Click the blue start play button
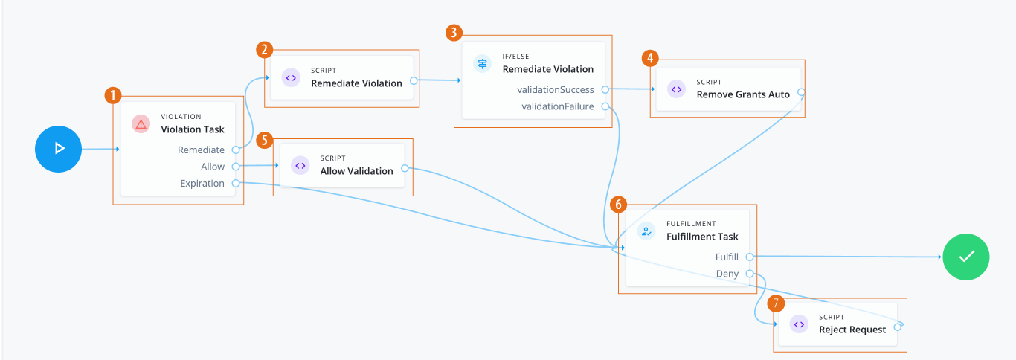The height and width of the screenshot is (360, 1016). point(58,149)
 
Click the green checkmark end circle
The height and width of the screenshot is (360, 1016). point(966,257)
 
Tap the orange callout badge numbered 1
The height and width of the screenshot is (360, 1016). point(112,95)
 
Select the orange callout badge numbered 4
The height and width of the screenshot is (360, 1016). point(650,59)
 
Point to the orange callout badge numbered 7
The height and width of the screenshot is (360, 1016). point(776,303)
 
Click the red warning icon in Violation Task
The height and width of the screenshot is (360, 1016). point(141,124)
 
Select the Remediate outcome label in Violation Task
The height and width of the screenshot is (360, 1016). point(201,150)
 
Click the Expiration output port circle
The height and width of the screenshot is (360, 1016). point(235,183)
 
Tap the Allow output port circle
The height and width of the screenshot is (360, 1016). point(235,167)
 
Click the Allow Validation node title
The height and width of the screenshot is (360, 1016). point(356,171)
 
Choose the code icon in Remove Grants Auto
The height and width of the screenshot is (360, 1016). point(676,89)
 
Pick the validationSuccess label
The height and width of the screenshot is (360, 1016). point(556,89)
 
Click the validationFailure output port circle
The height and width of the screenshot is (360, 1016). point(605,106)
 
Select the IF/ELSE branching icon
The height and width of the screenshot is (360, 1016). point(483,63)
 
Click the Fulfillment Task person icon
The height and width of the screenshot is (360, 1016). point(646,231)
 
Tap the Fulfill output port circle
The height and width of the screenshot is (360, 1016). point(749,257)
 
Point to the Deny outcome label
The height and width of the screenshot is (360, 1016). point(727,274)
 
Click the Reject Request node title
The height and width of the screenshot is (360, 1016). point(852,330)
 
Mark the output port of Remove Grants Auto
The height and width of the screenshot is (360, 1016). point(801,93)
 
